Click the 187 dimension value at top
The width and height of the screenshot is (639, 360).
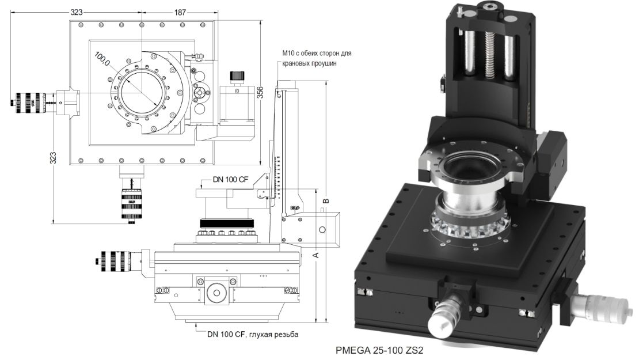coord(180,12)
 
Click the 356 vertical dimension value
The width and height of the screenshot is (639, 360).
coord(260,92)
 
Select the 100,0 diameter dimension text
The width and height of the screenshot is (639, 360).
coord(102,59)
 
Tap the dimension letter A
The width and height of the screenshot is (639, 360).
coord(315,255)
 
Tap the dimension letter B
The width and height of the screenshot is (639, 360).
coord(326,200)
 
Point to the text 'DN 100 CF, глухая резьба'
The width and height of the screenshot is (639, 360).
coord(253,334)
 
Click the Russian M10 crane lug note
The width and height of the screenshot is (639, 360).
coord(317,58)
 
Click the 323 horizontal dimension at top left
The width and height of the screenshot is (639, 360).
coord(77,12)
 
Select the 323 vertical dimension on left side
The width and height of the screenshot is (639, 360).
coord(53,158)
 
